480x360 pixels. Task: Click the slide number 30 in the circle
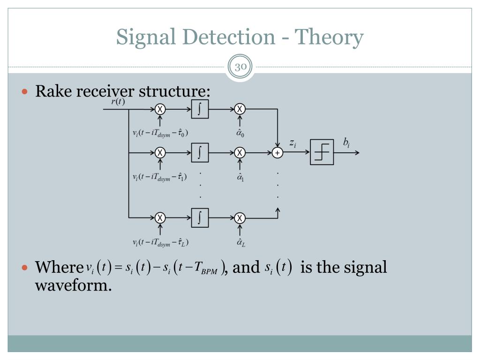[x=240, y=67]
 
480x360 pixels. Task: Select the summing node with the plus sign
[x=277, y=153]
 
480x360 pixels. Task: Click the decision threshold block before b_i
[x=322, y=152]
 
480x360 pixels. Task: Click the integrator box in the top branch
[x=200, y=109]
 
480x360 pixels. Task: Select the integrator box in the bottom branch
[x=200, y=218]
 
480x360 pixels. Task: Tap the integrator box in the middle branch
[x=200, y=153]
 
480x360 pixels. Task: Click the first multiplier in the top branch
[x=160, y=109]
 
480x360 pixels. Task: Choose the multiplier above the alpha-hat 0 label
[x=240, y=109]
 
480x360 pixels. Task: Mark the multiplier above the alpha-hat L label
[x=240, y=218]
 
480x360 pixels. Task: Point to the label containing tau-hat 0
[x=160, y=133]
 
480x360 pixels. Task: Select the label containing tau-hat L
[x=160, y=242]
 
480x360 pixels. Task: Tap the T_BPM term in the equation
[x=209, y=269]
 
